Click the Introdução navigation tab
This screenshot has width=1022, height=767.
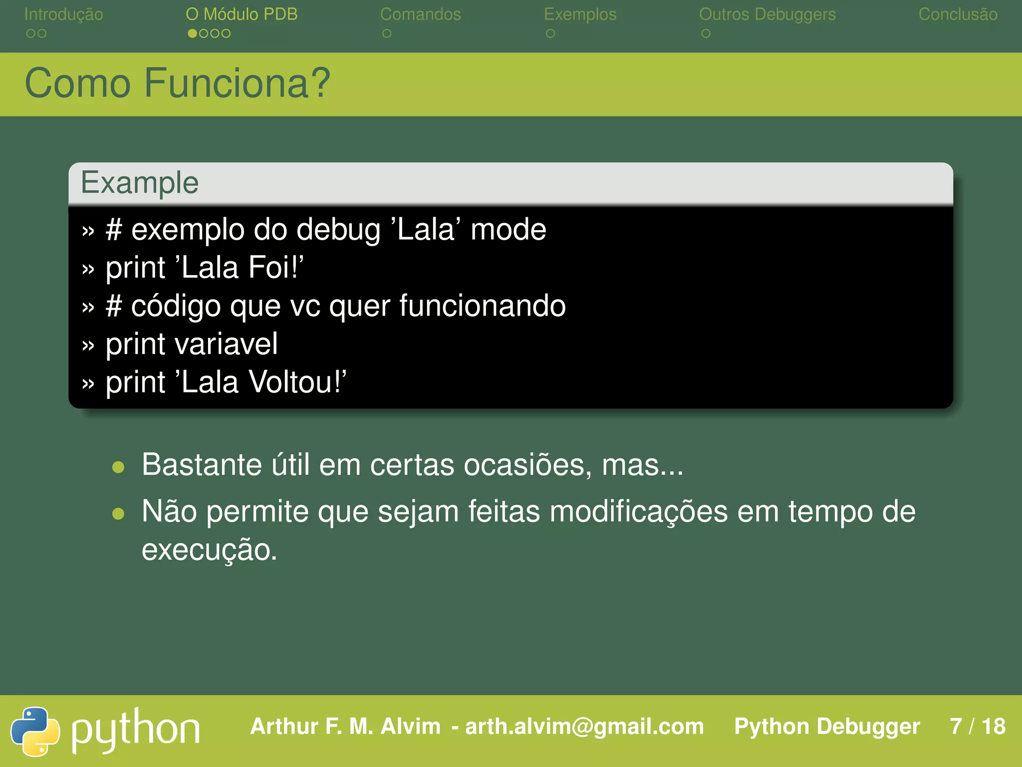(x=63, y=14)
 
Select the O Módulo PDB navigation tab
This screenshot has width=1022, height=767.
(x=242, y=14)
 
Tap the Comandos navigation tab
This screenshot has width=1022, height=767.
(x=420, y=14)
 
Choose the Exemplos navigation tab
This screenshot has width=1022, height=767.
(x=580, y=14)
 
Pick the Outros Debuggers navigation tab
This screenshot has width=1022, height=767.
(x=767, y=14)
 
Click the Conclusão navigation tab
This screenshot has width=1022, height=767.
(x=958, y=14)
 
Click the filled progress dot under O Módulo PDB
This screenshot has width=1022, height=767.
(x=192, y=33)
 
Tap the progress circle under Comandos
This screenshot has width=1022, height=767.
(x=387, y=33)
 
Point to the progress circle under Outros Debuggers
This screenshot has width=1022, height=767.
(x=706, y=33)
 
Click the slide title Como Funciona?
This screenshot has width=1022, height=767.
(x=177, y=83)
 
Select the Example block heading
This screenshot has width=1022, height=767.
(x=140, y=183)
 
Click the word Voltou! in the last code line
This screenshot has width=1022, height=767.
(x=297, y=382)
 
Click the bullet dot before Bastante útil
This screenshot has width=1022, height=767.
(x=118, y=467)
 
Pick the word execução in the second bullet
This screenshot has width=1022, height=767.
(x=209, y=550)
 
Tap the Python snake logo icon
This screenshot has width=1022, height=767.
(x=35, y=731)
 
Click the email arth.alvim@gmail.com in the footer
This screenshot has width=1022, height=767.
(x=584, y=727)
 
